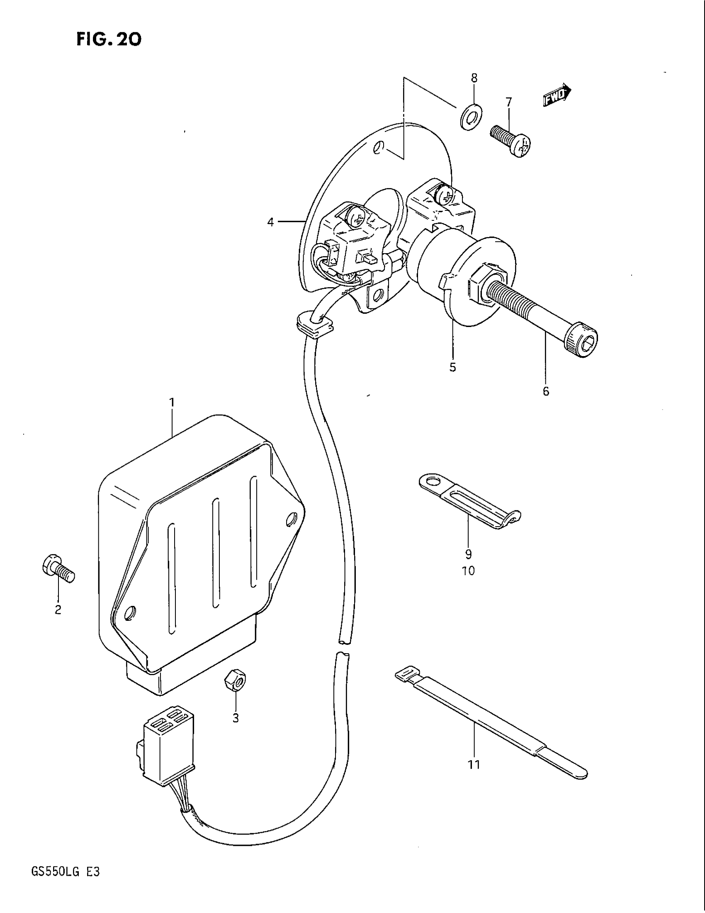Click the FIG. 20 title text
tap(109, 40)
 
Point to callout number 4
tap(271, 222)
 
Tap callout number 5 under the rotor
tap(453, 367)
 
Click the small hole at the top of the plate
tap(378, 148)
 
